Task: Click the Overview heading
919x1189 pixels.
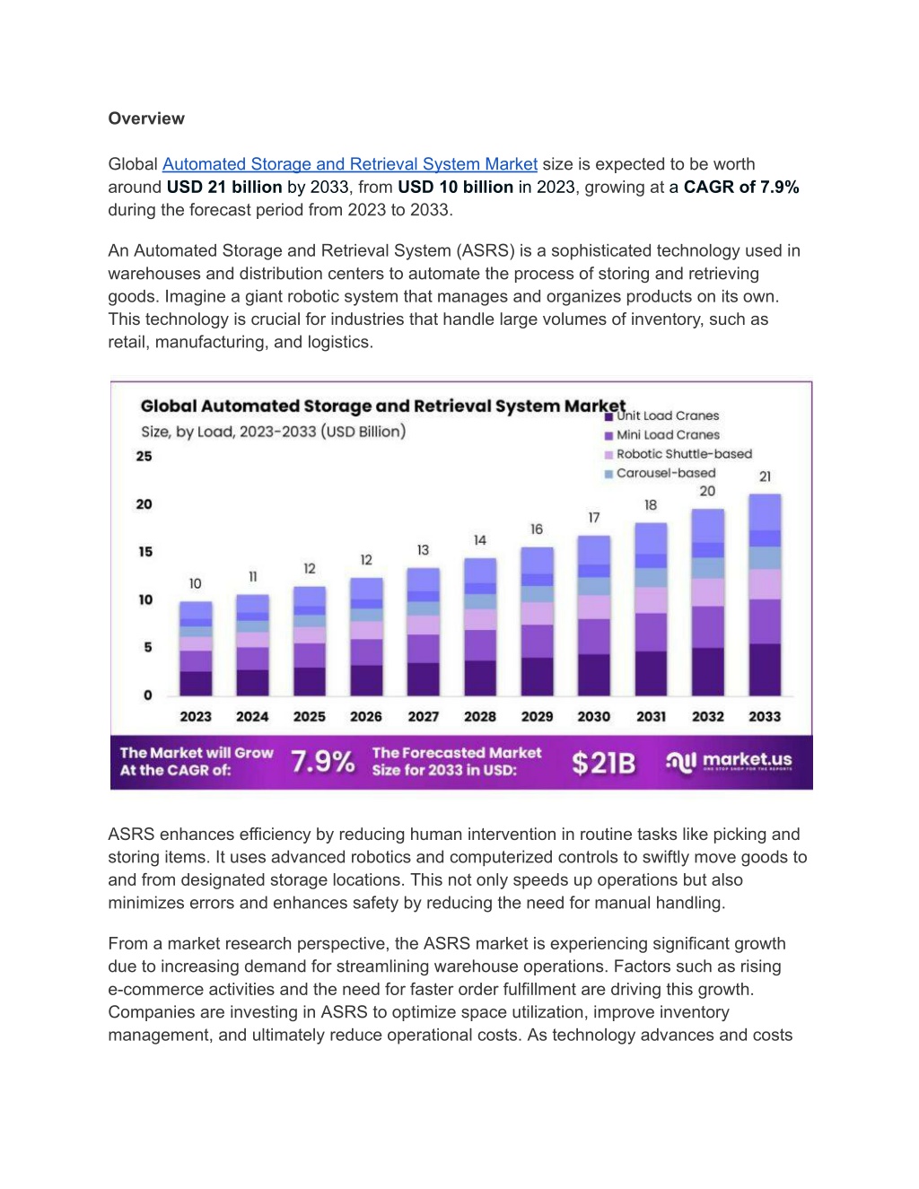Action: point(146,118)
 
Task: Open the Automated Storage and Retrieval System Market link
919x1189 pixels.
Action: point(349,164)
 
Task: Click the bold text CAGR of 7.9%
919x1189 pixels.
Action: point(741,188)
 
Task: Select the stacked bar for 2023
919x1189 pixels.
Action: point(196,649)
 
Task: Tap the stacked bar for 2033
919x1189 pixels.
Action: point(765,595)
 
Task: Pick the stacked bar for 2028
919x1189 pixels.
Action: point(480,627)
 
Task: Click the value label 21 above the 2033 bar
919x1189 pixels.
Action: point(765,476)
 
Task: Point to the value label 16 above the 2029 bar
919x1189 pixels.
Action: point(537,529)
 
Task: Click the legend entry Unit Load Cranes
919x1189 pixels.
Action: point(662,415)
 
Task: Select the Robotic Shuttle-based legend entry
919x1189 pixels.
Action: point(678,454)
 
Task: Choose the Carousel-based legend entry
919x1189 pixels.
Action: point(661,473)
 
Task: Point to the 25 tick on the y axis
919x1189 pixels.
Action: point(144,457)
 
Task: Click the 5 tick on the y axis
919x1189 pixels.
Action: point(148,647)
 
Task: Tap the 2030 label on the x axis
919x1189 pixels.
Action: point(594,716)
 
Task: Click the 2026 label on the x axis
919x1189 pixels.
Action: point(366,716)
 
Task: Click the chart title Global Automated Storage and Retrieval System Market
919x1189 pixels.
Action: point(383,406)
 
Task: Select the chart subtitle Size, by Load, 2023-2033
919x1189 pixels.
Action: point(274,432)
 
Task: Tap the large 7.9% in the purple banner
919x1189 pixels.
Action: point(323,762)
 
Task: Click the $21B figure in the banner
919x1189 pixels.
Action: point(604,763)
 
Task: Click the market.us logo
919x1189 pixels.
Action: point(729,761)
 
